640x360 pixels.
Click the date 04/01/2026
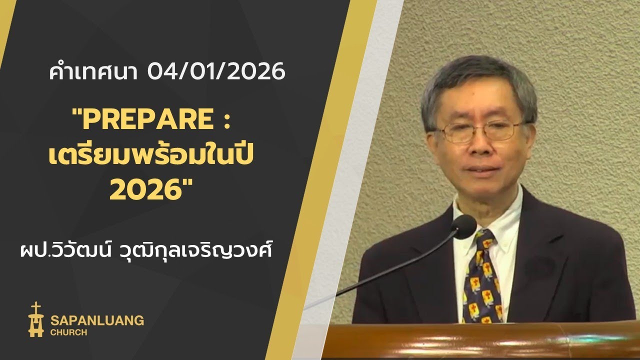216,72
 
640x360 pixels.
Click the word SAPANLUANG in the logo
97,320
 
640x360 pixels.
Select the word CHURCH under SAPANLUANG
68,332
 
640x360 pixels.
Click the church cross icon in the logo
35,319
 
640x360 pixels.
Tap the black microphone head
464,226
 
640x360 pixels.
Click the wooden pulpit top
480,340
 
